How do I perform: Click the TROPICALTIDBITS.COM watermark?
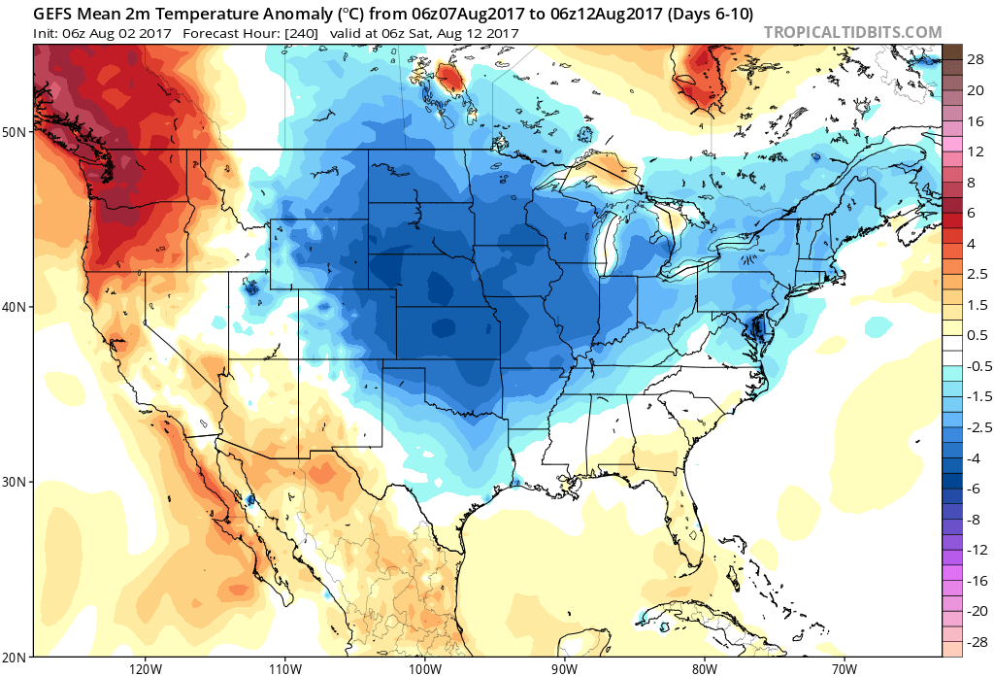click(852, 32)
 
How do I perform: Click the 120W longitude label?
click(144, 667)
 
